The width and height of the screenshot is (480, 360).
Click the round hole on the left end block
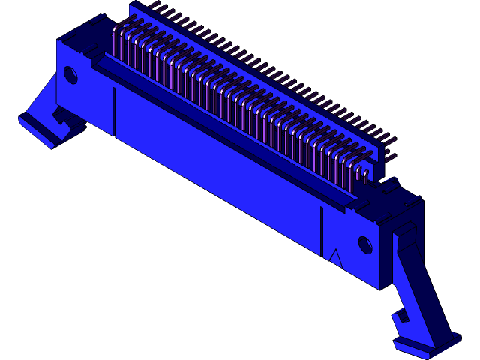tap(70, 74)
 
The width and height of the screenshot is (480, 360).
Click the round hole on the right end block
tap(365, 244)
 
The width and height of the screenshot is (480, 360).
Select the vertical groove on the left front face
tap(114, 111)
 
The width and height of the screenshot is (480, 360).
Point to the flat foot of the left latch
tap(37, 128)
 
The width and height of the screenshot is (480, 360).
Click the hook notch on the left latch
tap(58, 116)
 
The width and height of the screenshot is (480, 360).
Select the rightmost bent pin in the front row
tap(365, 174)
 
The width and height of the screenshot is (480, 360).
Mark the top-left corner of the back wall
tap(131, 5)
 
